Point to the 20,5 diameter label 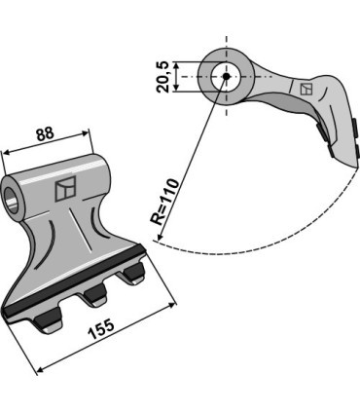[x=162, y=75]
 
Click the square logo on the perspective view [x=65, y=190]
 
